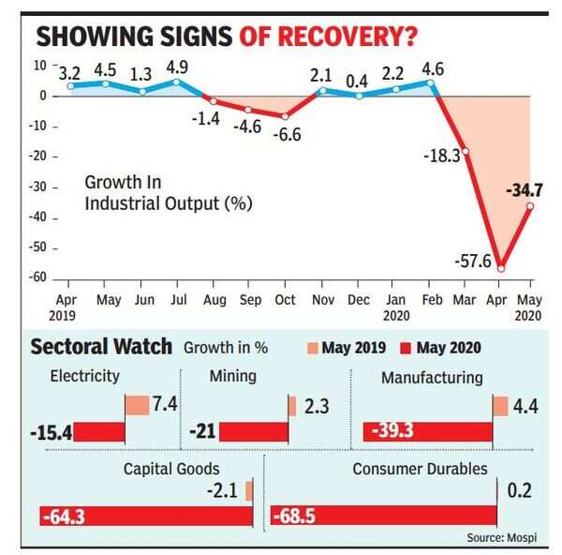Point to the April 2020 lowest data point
pyautogui.click(x=501, y=268)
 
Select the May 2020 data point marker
pyautogui.click(x=530, y=206)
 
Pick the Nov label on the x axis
pyautogui.click(x=321, y=300)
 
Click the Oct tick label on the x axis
pyautogui.click(x=285, y=300)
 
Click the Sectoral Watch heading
pyautogui.click(x=101, y=347)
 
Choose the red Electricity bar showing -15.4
pyautogui.click(x=99, y=431)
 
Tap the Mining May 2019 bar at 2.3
pyautogui.click(x=292, y=406)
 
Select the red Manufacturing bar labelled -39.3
pyautogui.click(x=427, y=431)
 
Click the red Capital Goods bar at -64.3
pyautogui.click(x=146, y=516)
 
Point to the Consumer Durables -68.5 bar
pyautogui.click(x=383, y=516)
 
